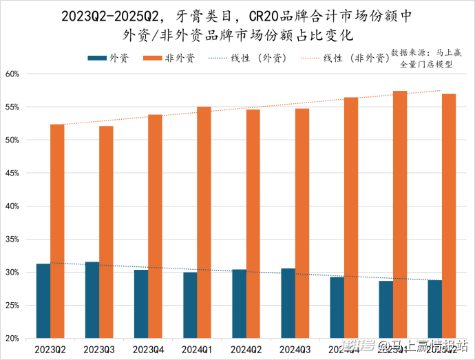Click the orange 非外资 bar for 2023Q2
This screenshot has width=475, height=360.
(x=57, y=231)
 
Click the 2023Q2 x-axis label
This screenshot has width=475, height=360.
(x=50, y=350)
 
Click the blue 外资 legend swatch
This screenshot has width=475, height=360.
(x=96, y=59)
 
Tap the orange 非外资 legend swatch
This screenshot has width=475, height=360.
(x=156, y=59)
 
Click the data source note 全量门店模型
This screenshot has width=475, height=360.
(x=426, y=64)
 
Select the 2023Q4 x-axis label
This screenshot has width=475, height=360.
(x=148, y=350)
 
